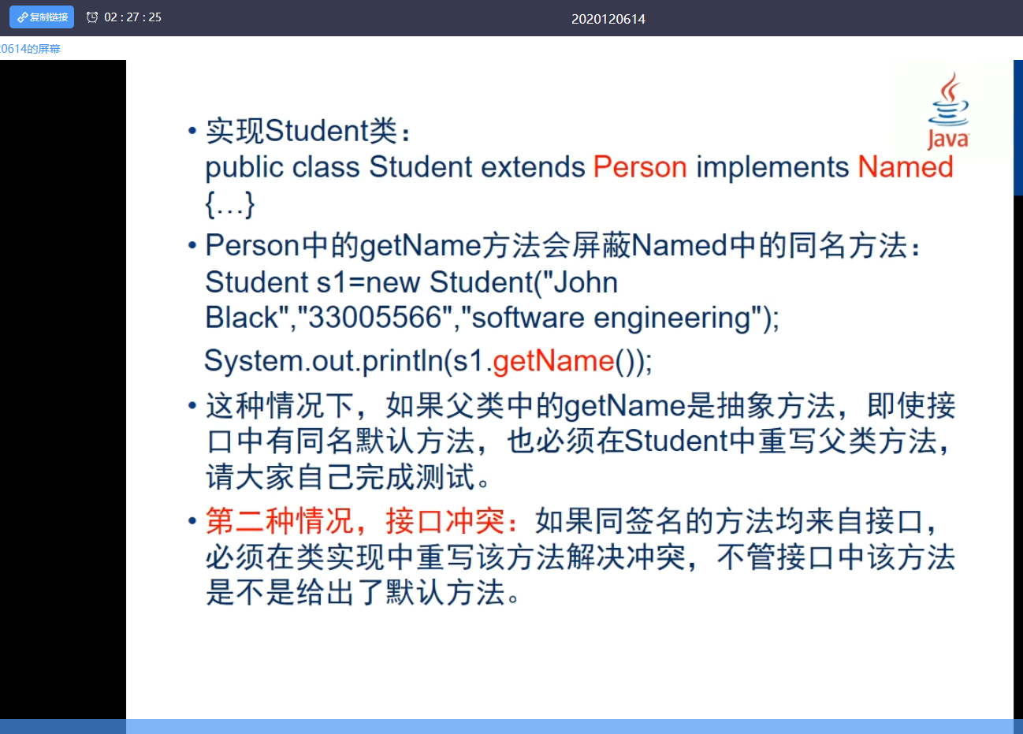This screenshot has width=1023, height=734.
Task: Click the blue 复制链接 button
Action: tap(42, 17)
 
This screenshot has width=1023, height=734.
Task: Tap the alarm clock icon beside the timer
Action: tap(92, 17)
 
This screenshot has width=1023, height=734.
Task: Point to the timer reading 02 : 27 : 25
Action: tap(132, 17)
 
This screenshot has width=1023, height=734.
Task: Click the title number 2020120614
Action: tap(608, 19)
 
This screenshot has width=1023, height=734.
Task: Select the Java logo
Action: tap(948, 111)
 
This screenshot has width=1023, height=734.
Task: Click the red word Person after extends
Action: tap(640, 167)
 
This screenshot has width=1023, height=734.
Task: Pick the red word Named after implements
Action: tap(905, 167)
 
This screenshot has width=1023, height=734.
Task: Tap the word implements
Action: tap(772, 167)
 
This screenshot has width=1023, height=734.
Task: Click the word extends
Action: tap(533, 167)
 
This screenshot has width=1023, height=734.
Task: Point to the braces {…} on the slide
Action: tap(229, 204)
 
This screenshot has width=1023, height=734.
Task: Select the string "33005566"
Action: tap(374, 318)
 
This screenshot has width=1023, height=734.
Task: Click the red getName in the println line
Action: tap(553, 361)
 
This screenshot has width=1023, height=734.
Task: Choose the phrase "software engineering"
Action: tap(611, 318)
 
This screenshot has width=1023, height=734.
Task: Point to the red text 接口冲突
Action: tap(445, 521)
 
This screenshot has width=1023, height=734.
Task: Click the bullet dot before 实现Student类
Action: tap(192, 131)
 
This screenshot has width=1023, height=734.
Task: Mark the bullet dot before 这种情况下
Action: tap(192, 406)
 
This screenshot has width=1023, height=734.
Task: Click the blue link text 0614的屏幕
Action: tap(30, 49)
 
